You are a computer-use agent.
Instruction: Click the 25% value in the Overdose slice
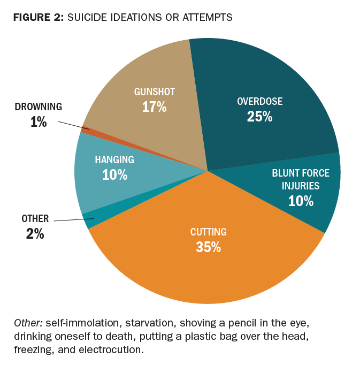tap(259, 116)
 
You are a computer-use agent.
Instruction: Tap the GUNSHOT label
tap(154, 92)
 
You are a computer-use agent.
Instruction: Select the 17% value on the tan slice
tap(154, 107)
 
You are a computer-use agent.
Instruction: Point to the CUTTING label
tap(209, 232)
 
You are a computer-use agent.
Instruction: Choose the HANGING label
tap(114, 159)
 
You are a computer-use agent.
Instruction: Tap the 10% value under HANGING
tap(114, 174)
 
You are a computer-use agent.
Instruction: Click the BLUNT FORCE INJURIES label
tap(300, 179)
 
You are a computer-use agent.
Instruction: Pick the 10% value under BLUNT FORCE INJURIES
tap(300, 201)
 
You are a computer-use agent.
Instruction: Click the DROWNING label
tap(39, 107)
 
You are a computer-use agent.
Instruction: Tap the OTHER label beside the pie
tap(35, 218)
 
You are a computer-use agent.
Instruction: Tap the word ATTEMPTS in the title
tap(206, 17)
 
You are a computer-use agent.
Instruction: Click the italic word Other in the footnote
tap(28, 323)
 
